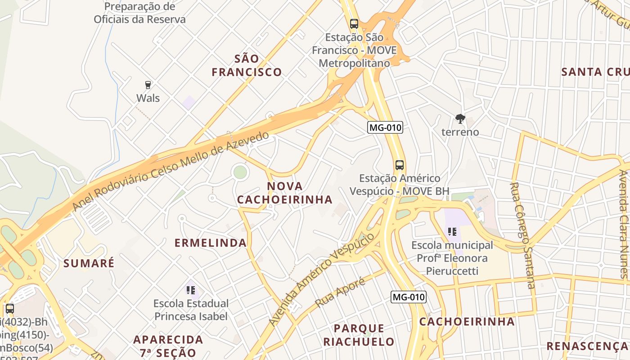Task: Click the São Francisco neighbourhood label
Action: click(x=247, y=65)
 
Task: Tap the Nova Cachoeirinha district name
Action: click(x=285, y=193)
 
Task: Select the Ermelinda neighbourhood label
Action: click(x=211, y=243)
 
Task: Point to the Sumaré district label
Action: click(x=89, y=263)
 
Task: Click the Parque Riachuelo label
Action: click(x=359, y=335)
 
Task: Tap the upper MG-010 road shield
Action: click(x=385, y=127)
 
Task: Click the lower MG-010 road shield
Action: click(x=408, y=297)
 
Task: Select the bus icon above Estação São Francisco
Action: click(x=354, y=24)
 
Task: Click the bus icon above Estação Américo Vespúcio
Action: click(x=399, y=165)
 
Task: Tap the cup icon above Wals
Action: click(x=148, y=85)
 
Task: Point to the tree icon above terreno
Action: click(x=460, y=119)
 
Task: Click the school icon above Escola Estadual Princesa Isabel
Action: click(x=190, y=290)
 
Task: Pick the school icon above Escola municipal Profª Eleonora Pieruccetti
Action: click(x=452, y=232)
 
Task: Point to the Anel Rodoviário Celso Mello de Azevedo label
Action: click(x=171, y=171)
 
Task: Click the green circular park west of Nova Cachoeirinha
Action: click(x=240, y=172)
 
